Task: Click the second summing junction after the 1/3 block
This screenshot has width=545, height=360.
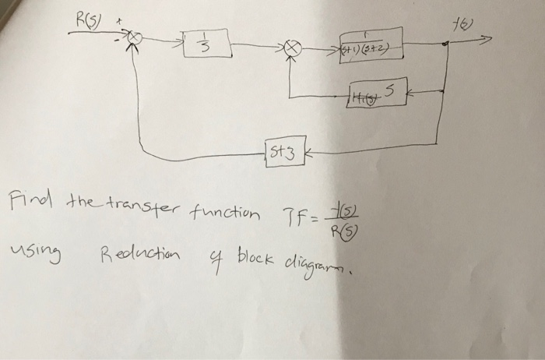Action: (293, 48)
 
